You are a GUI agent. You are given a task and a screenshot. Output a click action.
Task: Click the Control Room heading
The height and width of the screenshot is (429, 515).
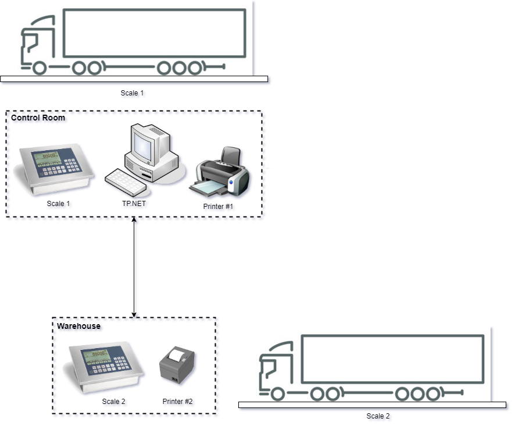38,118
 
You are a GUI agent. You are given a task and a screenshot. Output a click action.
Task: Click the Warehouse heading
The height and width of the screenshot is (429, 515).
79,326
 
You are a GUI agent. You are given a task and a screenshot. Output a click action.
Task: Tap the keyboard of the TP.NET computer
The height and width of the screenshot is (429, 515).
126,182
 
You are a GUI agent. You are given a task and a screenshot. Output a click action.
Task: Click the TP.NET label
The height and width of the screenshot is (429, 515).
134,204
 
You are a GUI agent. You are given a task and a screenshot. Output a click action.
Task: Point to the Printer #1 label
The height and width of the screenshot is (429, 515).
218,207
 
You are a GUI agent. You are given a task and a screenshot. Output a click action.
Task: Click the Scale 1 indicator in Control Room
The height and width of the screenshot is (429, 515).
55,169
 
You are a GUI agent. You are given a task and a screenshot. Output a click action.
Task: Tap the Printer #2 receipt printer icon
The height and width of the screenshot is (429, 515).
177,365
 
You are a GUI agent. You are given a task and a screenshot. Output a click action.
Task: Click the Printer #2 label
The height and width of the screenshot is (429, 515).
178,402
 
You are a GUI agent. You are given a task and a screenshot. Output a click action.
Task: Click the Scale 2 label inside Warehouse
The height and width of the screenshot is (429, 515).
114,402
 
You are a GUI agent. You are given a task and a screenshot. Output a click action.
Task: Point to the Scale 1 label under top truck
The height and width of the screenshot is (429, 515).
132,93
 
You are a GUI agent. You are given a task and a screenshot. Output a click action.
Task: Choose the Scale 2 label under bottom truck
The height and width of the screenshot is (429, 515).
378,416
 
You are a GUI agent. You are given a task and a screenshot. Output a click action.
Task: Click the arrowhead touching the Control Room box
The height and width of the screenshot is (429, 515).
134,219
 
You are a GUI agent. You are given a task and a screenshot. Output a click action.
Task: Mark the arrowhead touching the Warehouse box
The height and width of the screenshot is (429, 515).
134,315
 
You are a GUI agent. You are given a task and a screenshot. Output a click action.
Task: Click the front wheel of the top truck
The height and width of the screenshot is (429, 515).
40,68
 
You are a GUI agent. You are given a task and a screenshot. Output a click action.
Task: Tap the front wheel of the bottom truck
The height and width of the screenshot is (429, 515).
277,394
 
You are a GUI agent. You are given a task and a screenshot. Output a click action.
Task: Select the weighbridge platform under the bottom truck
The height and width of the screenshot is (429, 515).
372,405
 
